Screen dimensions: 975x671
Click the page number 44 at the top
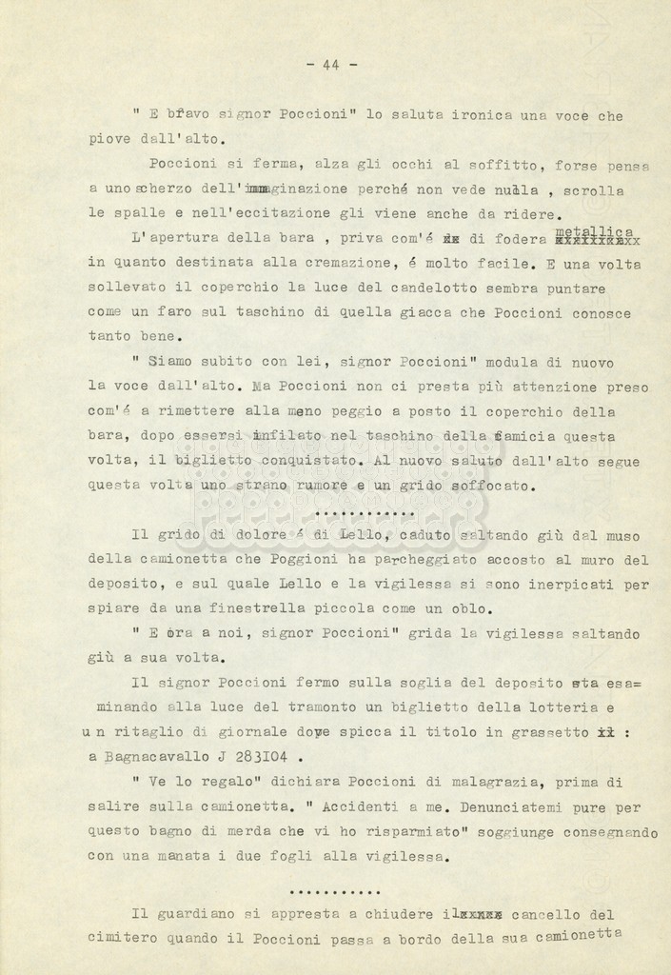click(x=332, y=65)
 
